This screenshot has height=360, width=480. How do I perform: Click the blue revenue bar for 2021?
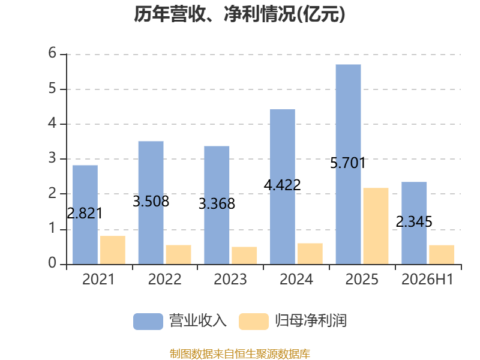[85, 215]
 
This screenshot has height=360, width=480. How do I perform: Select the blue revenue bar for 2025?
[348, 164]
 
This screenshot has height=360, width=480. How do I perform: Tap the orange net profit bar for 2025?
[376, 226]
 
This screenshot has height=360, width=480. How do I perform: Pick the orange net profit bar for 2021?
[113, 250]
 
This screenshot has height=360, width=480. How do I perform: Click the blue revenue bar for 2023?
[217, 205]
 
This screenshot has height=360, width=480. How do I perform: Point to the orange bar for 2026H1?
[442, 254]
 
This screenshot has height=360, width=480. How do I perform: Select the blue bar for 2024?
[283, 187]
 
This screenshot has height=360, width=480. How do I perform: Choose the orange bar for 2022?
[178, 254]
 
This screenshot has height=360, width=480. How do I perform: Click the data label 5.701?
[348, 163]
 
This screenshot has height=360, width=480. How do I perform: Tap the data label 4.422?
[282, 185]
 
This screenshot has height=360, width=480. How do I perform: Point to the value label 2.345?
[414, 221]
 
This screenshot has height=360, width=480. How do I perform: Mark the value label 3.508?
[151, 201]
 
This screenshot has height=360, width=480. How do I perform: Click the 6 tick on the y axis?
[52, 53]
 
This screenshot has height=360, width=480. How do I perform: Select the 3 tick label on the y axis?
[52, 158]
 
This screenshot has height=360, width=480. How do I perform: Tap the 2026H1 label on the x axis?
[427, 279]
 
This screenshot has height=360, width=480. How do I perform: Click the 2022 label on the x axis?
[164, 279]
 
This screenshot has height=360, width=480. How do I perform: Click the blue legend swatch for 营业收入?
[148, 322]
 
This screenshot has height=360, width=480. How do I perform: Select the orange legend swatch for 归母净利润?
[254, 322]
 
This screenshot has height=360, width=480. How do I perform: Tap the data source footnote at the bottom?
[240, 354]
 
